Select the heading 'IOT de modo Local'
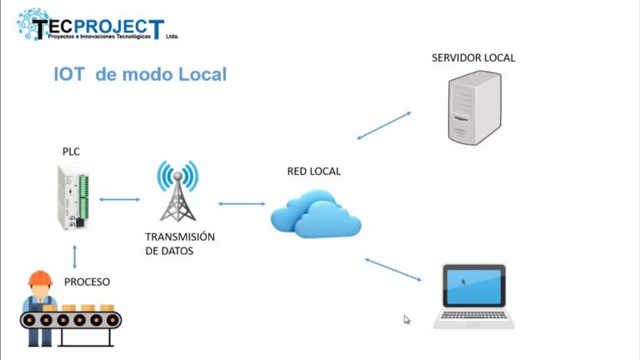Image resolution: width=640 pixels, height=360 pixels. pos(140,74)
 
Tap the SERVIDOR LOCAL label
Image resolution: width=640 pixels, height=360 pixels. pos(473,58)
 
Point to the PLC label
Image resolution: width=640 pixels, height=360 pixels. pos(72,152)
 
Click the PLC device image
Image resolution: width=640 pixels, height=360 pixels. pos(72,197)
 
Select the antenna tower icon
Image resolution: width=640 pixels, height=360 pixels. pos(178,192)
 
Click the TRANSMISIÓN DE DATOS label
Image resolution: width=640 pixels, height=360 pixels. pos(179,243)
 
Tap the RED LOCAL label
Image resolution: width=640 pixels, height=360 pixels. pos(314,172)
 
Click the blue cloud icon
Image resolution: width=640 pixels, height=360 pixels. pos(315,215)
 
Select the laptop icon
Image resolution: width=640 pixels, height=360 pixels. pos(473,296)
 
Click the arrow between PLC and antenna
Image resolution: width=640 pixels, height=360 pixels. pos(119,200)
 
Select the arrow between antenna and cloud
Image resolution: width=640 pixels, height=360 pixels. pos(241,203)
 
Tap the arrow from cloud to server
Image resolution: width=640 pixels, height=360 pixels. pos(384,124)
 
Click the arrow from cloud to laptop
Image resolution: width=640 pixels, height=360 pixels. pos(396,270)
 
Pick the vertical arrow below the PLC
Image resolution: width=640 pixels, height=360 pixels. pos(75,256)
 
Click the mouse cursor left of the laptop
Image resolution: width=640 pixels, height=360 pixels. pos(407,319)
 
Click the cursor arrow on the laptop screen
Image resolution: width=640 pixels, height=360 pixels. pos(464,282)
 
